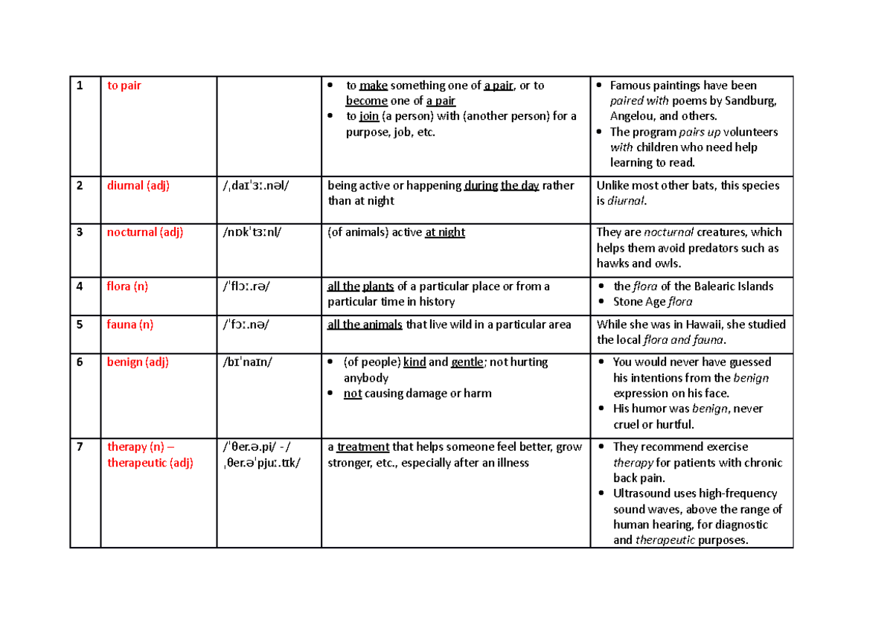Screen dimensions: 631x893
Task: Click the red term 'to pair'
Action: pyautogui.click(x=124, y=86)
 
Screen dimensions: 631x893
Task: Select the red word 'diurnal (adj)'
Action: pyautogui.click(x=138, y=186)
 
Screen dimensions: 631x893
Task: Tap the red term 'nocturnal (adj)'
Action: pyautogui.click(x=145, y=232)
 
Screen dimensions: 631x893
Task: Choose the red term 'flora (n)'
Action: pyautogui.click(x=127, y=286)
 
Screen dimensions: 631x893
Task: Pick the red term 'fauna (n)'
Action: pyautogui.click(x=129, y=324)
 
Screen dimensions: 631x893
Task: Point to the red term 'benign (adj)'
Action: pyautogui.click(x=138, y=362)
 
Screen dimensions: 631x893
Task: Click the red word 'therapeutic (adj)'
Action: pyautogui.click(x=150, y=463)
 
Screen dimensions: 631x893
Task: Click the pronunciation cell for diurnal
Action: pyautogui.click(x=256, y=186)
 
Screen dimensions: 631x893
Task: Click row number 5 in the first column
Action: pyautogui.click(x=79, y=324)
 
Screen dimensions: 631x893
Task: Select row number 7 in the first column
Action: pyautogui.click(x=79, y=447)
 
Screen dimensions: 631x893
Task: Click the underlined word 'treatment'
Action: pyautogui.click(x=362, y=447)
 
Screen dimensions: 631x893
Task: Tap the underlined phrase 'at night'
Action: pyautogui.click(x=444, y=232)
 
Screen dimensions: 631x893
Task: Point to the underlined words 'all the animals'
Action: pyautogui.click(x=365, y=324)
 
